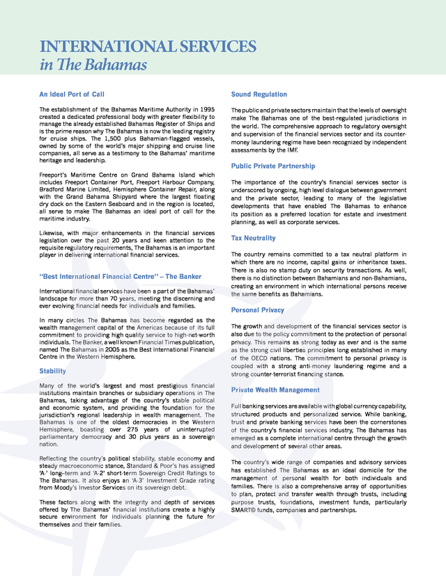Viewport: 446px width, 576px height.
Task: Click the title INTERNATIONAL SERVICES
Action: (148, 47)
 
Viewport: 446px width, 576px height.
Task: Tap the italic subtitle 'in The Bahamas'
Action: (93, 65)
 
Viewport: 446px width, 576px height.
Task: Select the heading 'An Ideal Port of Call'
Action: (72, 94)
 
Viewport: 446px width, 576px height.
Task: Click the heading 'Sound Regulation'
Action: (259, 94)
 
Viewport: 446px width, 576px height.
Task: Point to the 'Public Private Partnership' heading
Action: (273, 166)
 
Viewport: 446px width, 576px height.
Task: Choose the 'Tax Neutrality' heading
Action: (254, 238)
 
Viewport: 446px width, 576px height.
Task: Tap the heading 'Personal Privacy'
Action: (258, 310)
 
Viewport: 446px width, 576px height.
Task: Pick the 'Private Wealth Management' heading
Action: (275, 390)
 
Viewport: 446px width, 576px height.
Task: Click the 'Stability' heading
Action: (53, 371)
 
